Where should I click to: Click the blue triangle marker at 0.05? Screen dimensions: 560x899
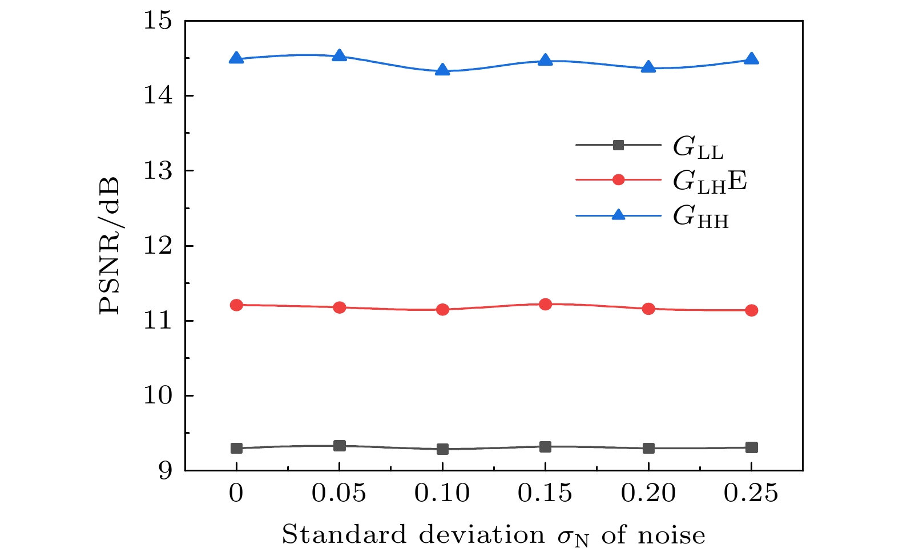[x=340, y=55]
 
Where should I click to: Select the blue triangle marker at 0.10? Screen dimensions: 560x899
[x=442, y=70]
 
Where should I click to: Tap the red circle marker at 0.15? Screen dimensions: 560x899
[x=546, y=304]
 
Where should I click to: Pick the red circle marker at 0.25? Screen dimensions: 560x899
[x=752, y=310]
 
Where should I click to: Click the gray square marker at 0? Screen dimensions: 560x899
[x=236, y=448]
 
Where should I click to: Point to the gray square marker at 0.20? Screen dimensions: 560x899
[x=648, y=448]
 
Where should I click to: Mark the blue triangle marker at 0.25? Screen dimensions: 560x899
[x=752, y=59]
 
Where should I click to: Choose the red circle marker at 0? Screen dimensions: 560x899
[x=236, y=305]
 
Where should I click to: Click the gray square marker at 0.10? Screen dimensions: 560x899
[x=442, y=449]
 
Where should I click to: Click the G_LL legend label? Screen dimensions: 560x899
[x=698, y=147]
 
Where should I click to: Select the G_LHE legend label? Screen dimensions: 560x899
[x=709, y=182]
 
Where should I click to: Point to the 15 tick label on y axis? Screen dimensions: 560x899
[x=157, y=21]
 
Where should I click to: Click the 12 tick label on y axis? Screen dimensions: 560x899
[x=157, y=246]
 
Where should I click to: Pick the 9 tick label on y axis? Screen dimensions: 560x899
[x=164, y=471]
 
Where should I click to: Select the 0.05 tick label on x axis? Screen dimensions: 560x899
[x=339, y=493]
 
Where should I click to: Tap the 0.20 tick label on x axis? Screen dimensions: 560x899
[x=648, y=493]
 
